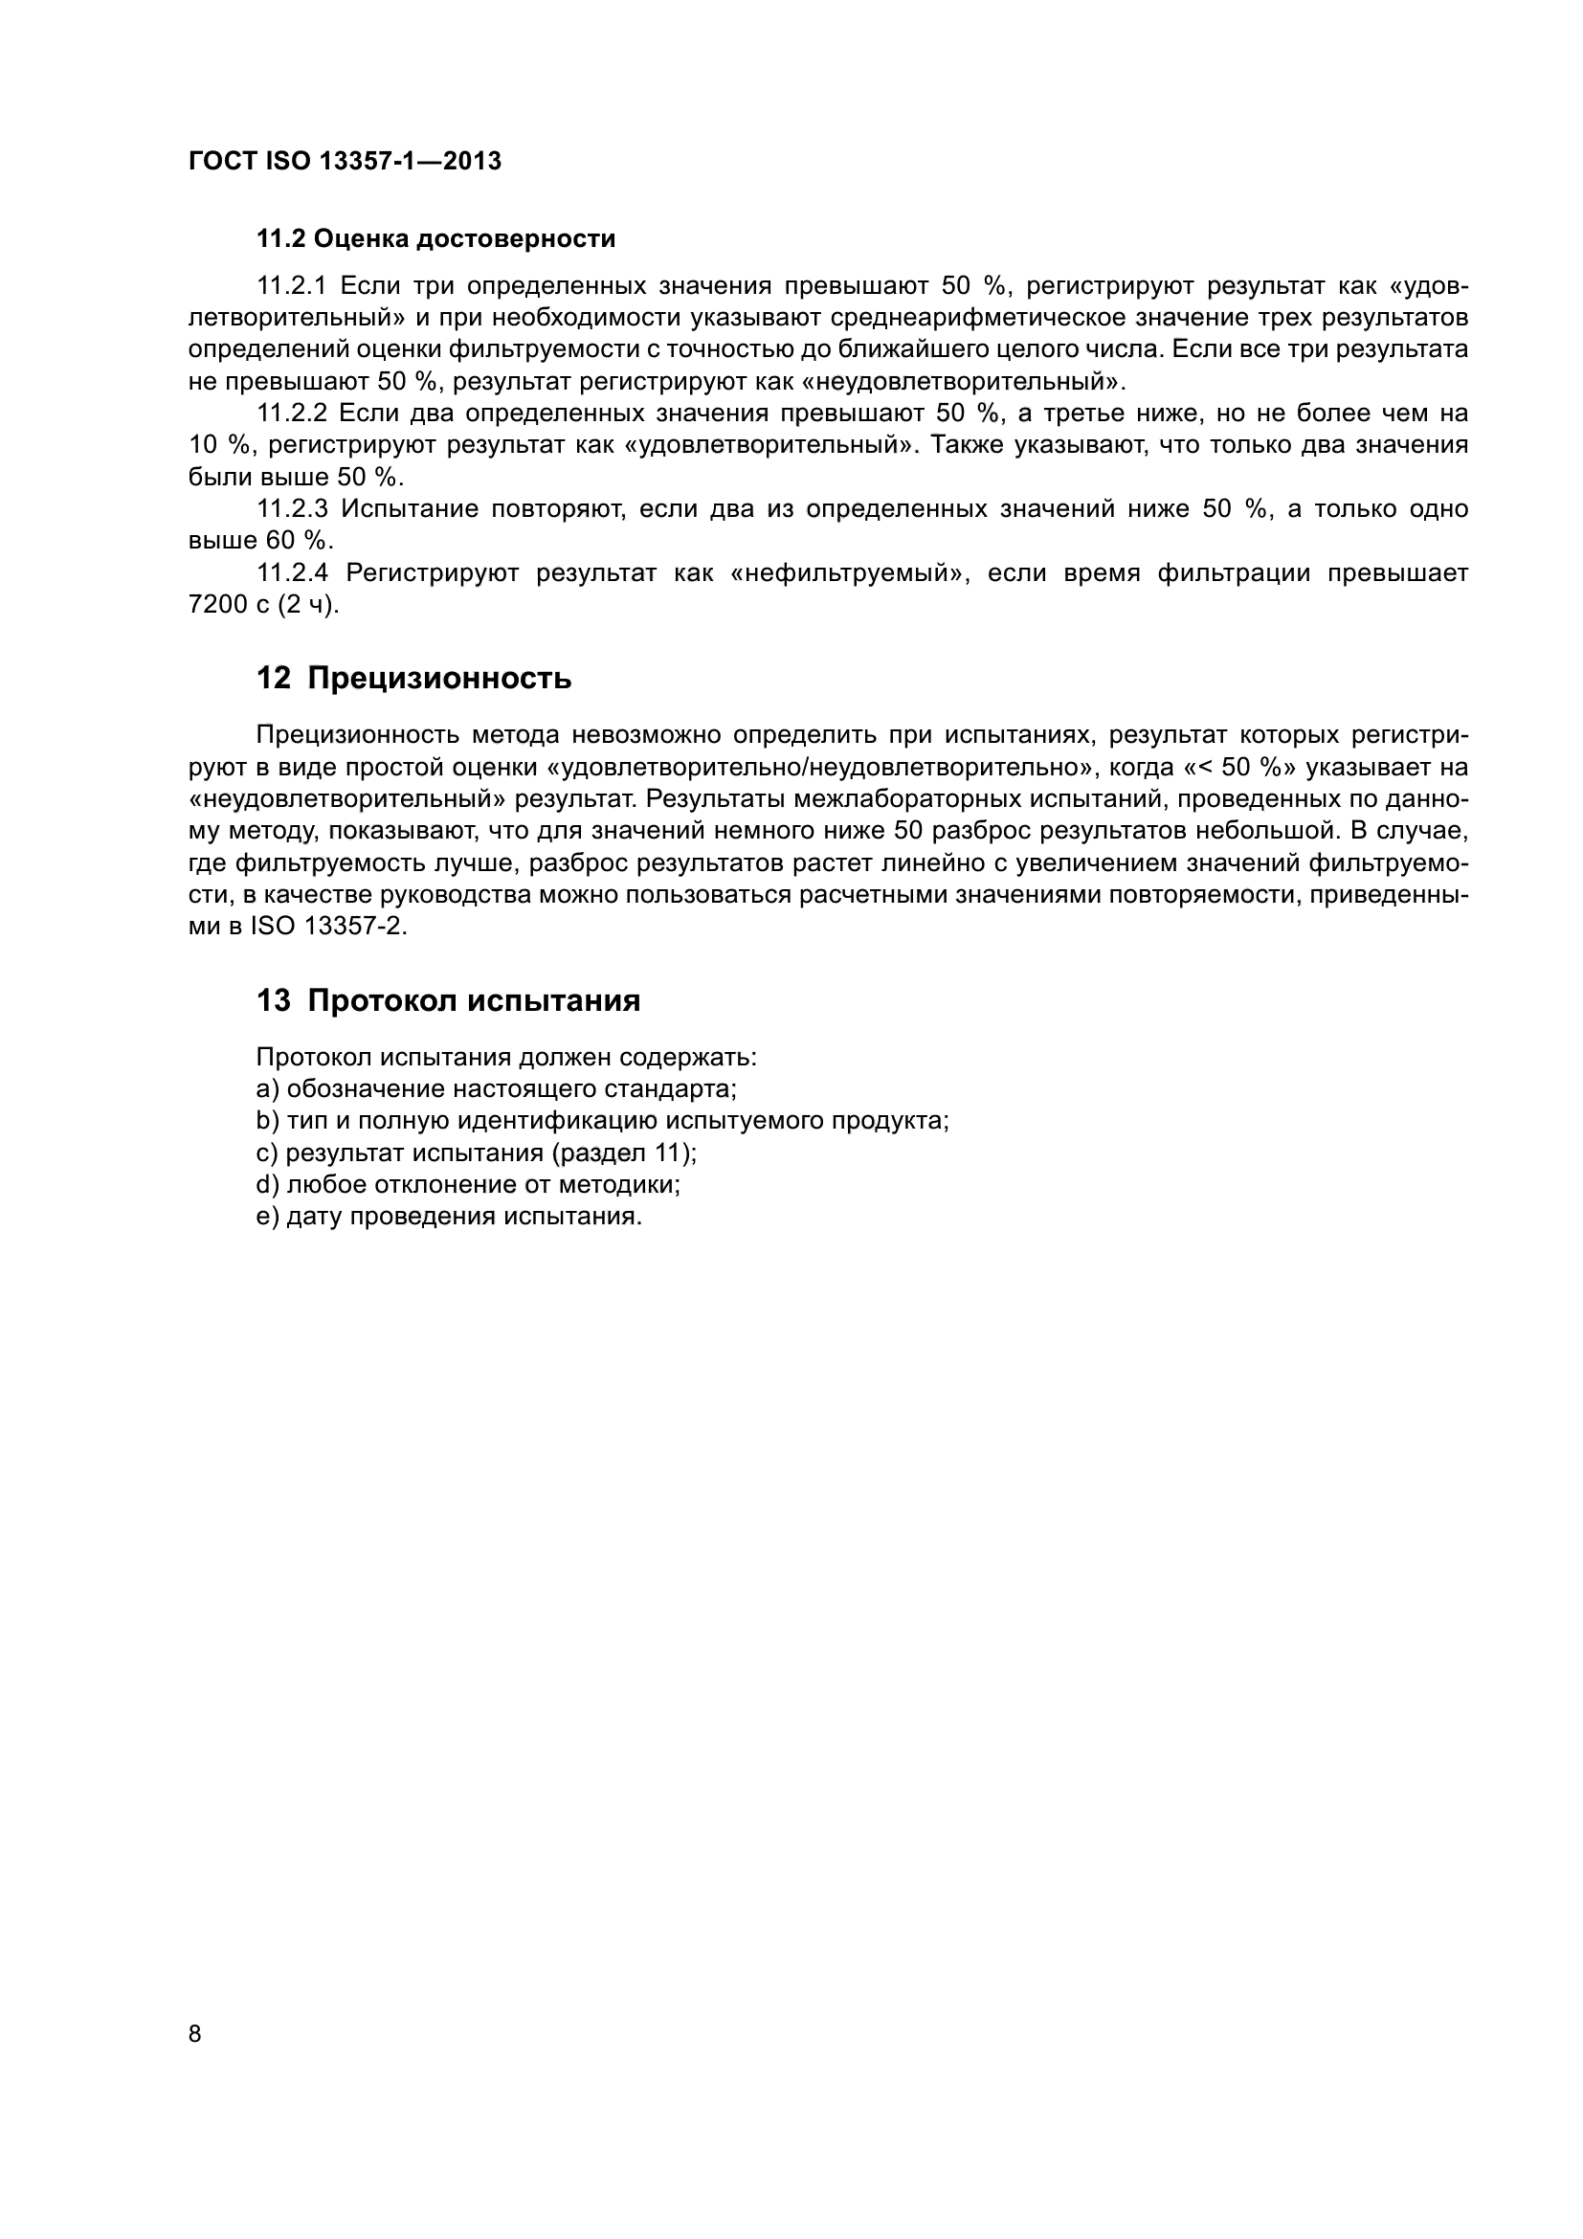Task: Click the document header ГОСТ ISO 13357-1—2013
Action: [x=345, y=161]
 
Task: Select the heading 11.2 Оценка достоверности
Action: [x=435, y=239]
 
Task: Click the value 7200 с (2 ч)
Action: [x=263, y=606]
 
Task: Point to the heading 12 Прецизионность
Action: [x=413, y=678]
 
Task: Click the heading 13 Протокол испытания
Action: [x=448, y=1000]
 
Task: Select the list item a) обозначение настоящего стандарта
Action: [x=496, y=1089]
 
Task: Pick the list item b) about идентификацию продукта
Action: [x=602, y=1122]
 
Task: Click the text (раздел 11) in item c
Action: [x=623, y=1153]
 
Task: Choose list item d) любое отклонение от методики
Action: [x=468, y=1185]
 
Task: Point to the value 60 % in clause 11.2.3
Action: [x=297, y=541]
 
